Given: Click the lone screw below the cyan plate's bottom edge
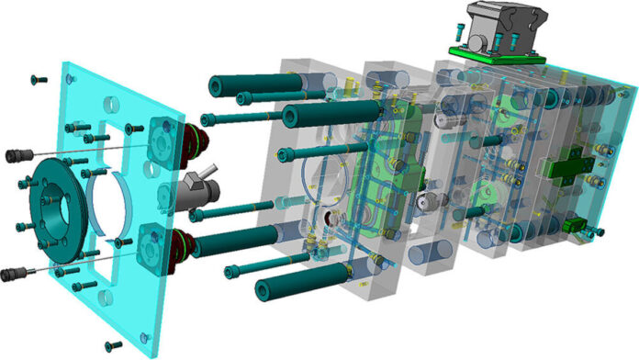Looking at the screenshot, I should (x=113, y=345).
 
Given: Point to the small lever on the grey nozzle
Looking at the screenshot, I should (x=212, y=170).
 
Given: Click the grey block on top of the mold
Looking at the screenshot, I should (x=495, y=28).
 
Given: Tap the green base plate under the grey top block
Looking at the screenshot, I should (x=496, y=57).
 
